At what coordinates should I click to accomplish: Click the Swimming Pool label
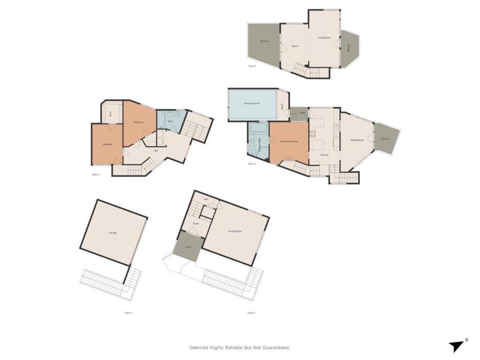pyautogui.click(x=252, y=103)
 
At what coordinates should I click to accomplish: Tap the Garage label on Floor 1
pyautogui.click(x=113, y=232)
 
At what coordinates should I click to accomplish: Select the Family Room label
pyautogui.click(x=235, y=231)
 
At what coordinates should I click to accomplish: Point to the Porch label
pyautogui.click(x=188, y=247)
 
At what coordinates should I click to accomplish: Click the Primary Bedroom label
pyautogui.click(x=290, y=141)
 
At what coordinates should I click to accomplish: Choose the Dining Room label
pyautogui.click(x=357, y=140)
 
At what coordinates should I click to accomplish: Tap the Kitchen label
pyautogui.click(x=324, y=155)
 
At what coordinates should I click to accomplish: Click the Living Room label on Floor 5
pyautogui.click(x=324, y=37)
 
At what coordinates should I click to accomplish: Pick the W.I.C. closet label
pyautogui.click(x=110, y=113)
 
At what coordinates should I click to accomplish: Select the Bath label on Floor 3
pyautogui.click(x=171, y=121)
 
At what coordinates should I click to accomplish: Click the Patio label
pyautogui.click(x=303, y=113)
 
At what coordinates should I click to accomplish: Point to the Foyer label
pyautogui.click(x=196, y=223)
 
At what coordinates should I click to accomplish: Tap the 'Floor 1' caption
pyautogui.click(x=128, y=313)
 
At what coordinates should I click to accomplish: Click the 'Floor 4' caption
pyautogui.click(x=252, y=164)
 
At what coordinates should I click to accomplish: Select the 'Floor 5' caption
pyautogui.click(x=252, y=66)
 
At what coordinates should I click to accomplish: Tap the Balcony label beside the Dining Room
pyautogui.click(x=385, y=139)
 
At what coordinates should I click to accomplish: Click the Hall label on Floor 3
pyautogui.click(x=156, y=150)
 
